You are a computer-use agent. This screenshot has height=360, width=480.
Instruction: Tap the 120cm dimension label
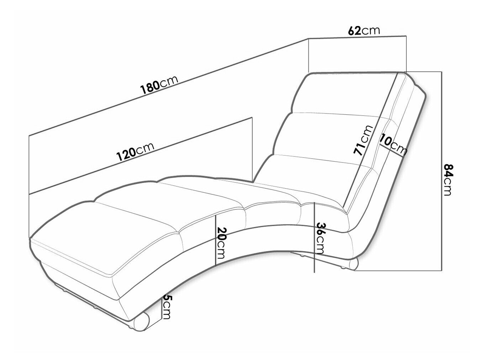tap(135, 151)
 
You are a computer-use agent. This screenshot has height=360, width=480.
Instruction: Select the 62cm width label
tap(364, 31)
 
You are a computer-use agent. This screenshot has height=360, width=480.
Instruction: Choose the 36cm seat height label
tap(321, 238)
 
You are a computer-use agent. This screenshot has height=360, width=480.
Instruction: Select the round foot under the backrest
tap(354, 265)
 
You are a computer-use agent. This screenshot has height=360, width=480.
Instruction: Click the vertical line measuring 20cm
tap(216, 240)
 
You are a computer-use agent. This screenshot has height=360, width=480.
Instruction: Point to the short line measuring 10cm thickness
tap(391, 151)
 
